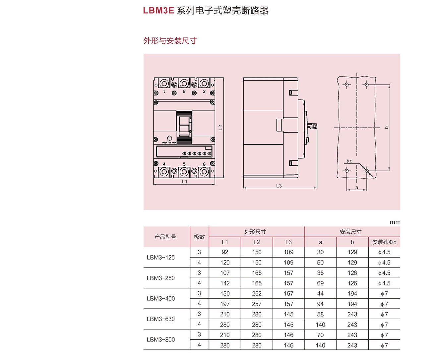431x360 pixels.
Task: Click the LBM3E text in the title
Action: pyautogui.click(x=158, y=11)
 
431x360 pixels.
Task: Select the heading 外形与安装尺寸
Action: pyautogui.click(x=170, y=41)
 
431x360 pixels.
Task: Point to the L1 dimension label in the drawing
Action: pyautogui.click(x=184, y=182)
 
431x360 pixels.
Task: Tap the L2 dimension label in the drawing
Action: pyautogui.click(x=220, y=127)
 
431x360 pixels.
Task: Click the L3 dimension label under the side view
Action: pyautogui.click(x=279, y=186)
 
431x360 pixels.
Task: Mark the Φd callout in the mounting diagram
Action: pyautogui.click(x=349, y=161)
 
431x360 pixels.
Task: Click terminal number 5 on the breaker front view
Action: pyautogui.click(x=184, y=164)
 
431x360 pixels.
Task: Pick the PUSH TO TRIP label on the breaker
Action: pyautogui.click(x=169, y=143)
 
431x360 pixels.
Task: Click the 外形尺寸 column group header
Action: pyautogui.click(x=255, y=232)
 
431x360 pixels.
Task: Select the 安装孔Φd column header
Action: pyautogui.click(x=384, y=242)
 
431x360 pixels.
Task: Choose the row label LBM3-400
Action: pyautogui.click(x=161, y=298)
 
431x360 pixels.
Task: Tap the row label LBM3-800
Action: pyautogui.click(x=161, y=339)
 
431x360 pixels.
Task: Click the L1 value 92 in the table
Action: pyautogui.click(x=225, y=252)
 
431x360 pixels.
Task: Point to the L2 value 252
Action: pyautogui.click(x=257, y=294)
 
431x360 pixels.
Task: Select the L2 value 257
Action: pyautogui.click(x=257, y=304)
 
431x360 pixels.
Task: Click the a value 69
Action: pyautogui.click(x=320, y=283)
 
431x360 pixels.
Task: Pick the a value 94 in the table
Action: pyautogui.click(x=320, y=304)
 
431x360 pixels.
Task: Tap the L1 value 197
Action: pyautogui.click(x=225, y=304)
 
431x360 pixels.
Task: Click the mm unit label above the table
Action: pyautogui.click(x=395, y=222)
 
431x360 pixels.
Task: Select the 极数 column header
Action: pyautogui.click(x=199, y=237)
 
